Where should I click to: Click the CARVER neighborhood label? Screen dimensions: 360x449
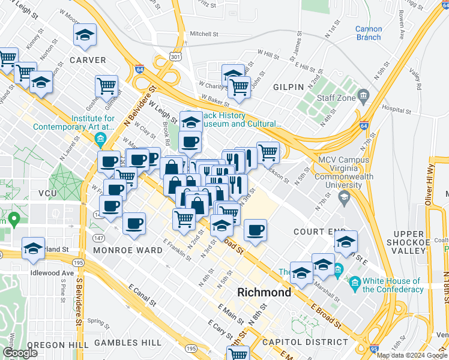[x=88, y=60]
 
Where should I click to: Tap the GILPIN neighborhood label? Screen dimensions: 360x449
[x=289, y=87]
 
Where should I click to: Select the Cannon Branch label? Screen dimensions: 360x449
[x=368, y=33]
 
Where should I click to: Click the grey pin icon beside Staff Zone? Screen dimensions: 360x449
[x=363, y=95]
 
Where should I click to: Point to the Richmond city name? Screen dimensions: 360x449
[x=264, y=293]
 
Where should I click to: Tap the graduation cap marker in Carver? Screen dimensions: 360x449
[x=85, y=35]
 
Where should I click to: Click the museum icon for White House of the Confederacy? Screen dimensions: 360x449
[x=354, y=282]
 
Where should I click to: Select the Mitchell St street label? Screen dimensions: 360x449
[x=204, y=34]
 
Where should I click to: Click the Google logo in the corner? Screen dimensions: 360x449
[x=20, y=353]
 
